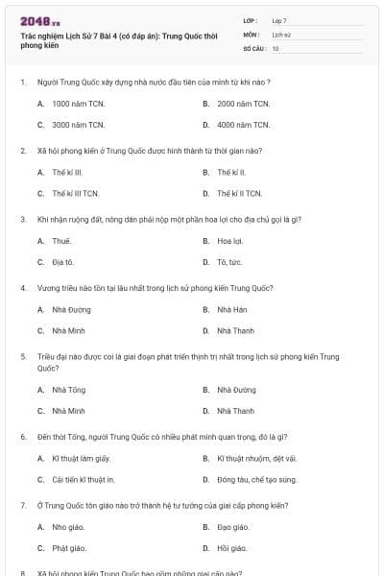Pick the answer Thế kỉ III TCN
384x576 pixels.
76,193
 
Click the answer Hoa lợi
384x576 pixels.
229,240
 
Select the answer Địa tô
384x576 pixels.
62,262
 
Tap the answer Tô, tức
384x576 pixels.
228,262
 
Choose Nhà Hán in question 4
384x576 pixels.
231,309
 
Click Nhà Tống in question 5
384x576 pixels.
68,390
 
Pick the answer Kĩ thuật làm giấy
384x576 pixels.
81,458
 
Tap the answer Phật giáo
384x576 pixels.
69,548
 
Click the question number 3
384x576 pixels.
23,219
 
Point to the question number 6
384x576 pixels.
23,436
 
